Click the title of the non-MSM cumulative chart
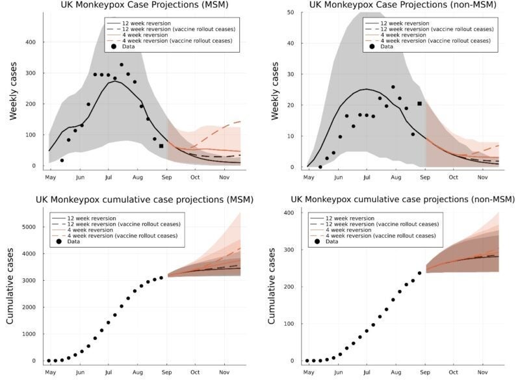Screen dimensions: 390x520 pyautogui.click(x=402, y=199)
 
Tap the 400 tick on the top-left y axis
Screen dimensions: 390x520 pyautogui.click(x=30, y=42)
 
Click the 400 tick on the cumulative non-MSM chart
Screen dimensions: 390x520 pyautogui.click(x=289, y=213)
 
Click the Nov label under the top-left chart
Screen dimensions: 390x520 pyautogui.click(x=224, y=177)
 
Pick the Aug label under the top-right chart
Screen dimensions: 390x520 pyautogui.click(x=396, y=177)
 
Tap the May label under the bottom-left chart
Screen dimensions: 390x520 pyautogui.click(x=49, y=372)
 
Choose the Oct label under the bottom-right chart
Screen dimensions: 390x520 pyautogui.click(x=453, y=372)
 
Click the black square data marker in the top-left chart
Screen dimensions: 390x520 pyautogui.click(x=161, y=146)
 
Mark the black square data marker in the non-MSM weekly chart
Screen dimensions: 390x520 pyautogui.click(x=419, y=103)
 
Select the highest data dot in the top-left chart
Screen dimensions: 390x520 pyautogui.click(x=122, y=64)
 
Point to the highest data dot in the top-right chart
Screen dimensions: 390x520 pyautogui.click(x=393, y=86)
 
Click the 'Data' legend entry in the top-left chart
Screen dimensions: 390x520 pyautogui.click(x=129, y=47)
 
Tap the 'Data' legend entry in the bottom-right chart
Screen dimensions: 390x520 pyautogui.click(x=332, y=242)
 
